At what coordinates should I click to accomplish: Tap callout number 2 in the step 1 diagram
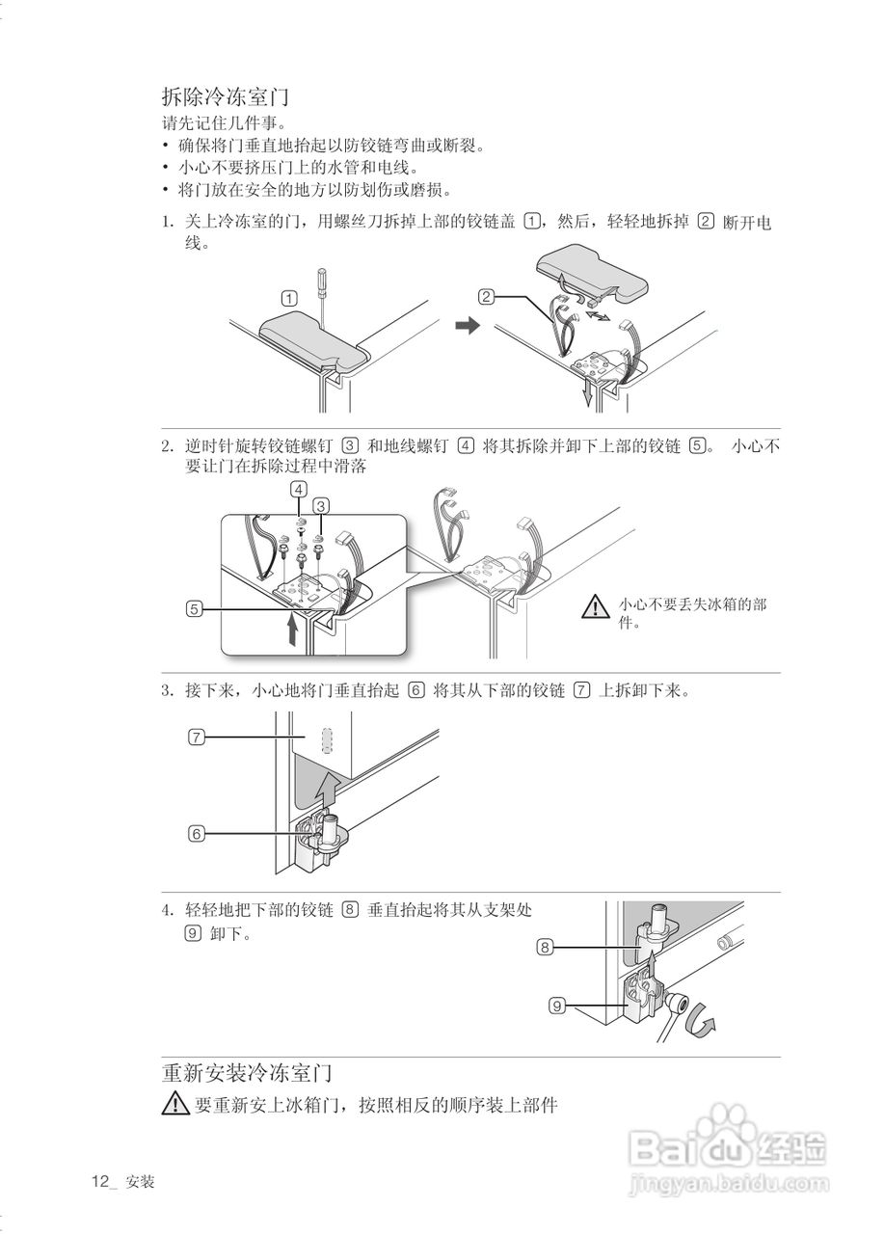(487, 296)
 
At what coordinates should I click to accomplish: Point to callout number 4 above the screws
(300, 490)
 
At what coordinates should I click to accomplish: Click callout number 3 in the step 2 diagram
(322, 504)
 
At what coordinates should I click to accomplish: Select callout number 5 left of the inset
(196, 608)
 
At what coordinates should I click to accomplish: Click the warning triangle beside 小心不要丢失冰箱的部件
(596, 606)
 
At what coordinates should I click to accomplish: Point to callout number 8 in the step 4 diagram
(545, 947)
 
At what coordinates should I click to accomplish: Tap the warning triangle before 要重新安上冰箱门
(175, 1105)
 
